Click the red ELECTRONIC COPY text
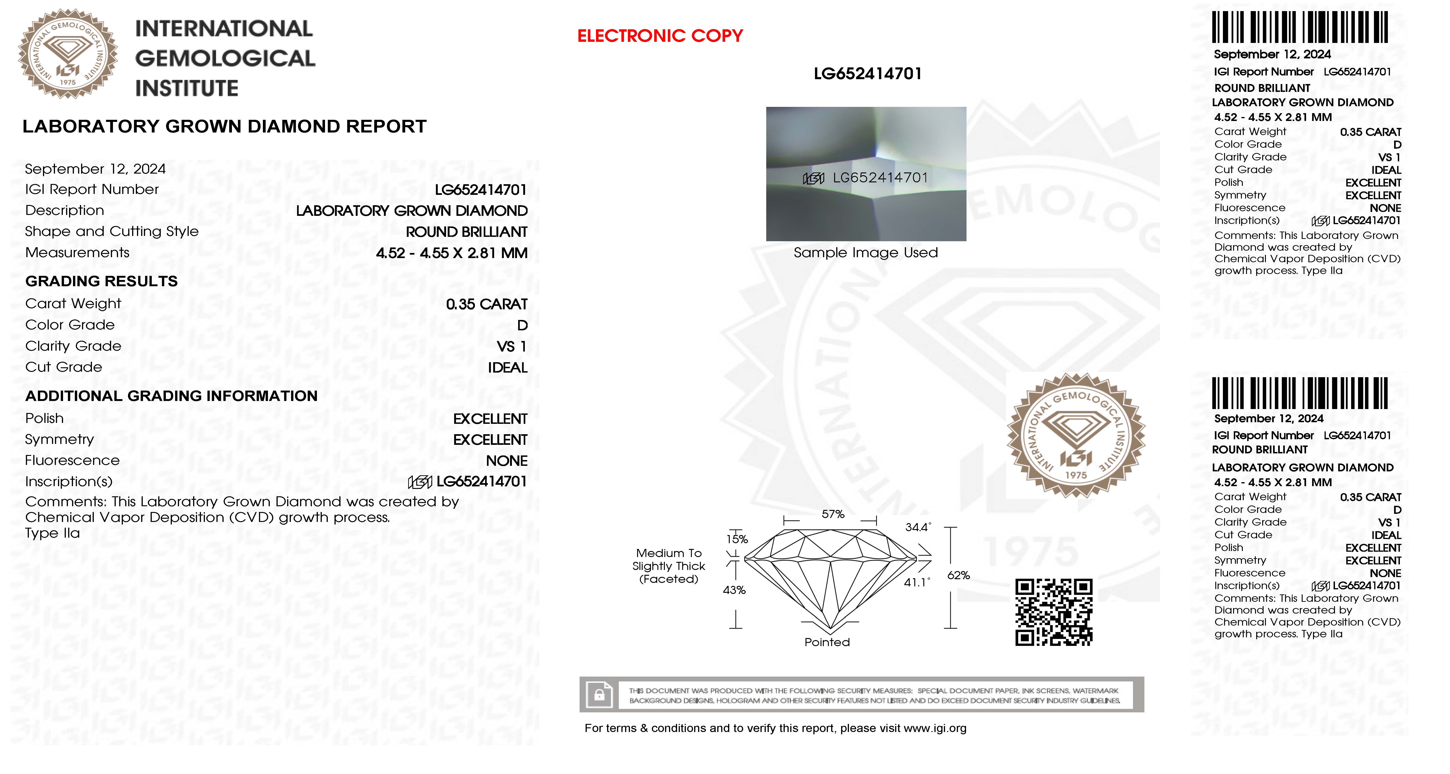pyautogui.click(x=660, y=36)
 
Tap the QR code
pyautogui.click(x=1054, y=612)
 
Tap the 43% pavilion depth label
pyautogui.click(x=734, y=590)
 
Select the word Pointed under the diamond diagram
pyautogui.click(x=827, y=642)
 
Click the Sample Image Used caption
pyautogui.click(x=866, y=253)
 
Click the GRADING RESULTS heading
pyautogui.click(x=101, y=281)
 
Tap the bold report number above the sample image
pyautogui.click(x=867, y=74)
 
